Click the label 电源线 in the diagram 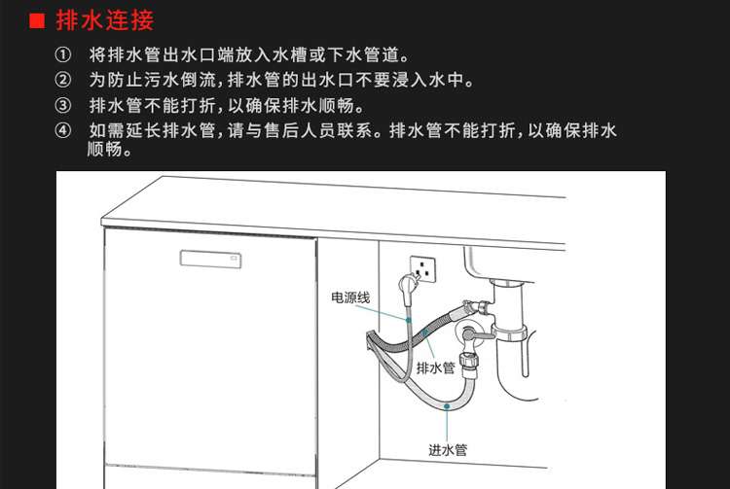point(350,297)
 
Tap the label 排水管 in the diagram point(435,367)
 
